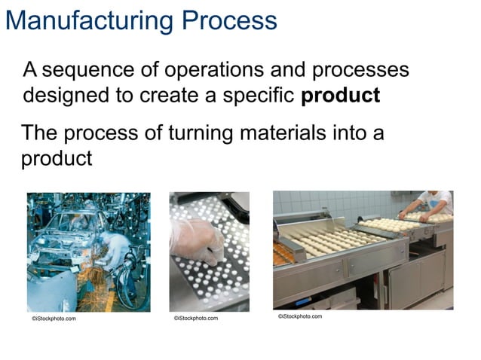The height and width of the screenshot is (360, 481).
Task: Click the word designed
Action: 62,96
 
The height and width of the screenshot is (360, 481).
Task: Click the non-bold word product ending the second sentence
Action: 56,159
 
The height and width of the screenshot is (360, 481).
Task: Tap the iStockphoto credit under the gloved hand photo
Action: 195,318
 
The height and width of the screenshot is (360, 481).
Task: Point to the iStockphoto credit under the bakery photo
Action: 299,316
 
